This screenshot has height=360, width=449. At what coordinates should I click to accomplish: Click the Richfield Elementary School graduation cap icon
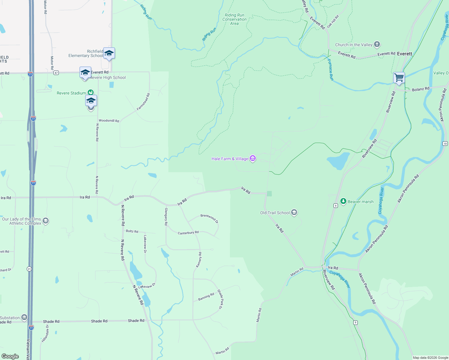(109, 53)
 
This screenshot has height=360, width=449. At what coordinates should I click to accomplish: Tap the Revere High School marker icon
(85, 73)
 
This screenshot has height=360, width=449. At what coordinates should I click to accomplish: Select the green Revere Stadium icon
(90, 93)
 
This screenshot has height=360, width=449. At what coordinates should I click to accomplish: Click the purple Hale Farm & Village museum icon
(253, 159)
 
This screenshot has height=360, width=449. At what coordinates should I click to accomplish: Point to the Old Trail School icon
(294, 213)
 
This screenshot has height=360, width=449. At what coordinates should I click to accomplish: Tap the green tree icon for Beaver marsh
(343, 201)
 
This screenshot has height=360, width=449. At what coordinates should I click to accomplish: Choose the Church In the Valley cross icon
(377, 45)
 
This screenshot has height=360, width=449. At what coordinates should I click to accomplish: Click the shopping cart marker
(399, 78)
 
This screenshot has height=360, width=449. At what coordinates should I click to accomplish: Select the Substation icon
(24, 317)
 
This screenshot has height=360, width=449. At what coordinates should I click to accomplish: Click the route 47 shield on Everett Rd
(56, 73)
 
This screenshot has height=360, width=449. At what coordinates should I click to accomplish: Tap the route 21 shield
(29, 269)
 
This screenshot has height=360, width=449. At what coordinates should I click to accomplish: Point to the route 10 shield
(445, 144)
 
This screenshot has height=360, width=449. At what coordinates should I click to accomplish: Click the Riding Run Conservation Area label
(234, 19)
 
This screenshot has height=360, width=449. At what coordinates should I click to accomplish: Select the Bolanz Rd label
(420, 89)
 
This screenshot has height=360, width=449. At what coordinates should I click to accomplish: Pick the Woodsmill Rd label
(109, 121)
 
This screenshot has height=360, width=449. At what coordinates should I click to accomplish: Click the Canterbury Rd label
(188, 233)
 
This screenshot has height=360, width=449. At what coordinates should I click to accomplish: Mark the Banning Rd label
(206, 297)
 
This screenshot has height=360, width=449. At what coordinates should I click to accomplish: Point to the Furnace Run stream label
(330, 70)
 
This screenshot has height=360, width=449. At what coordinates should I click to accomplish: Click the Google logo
(10, 356)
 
